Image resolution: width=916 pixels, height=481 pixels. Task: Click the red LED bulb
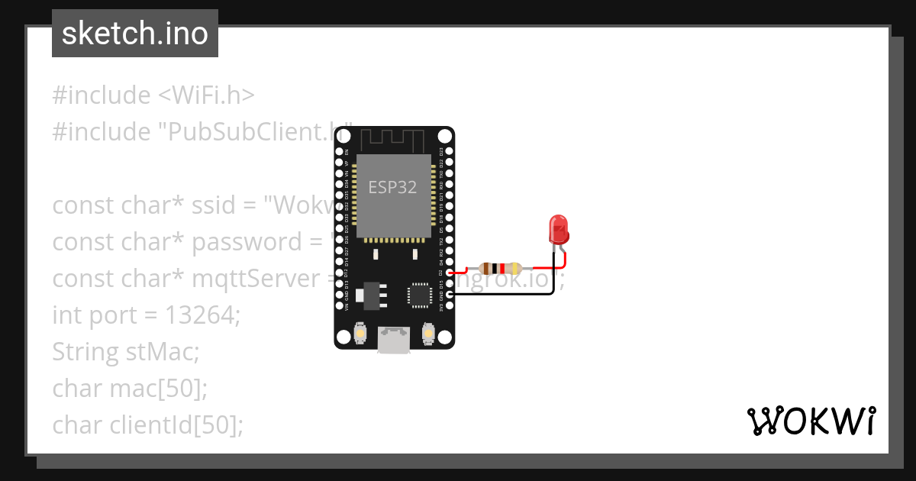(558, 228)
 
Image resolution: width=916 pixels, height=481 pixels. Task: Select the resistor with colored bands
(499, 269)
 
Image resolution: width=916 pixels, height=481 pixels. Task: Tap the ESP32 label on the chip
(392, 187)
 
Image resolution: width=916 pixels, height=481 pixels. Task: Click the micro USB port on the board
(395, 339)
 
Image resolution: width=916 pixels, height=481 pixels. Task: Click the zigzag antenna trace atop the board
(392, 140)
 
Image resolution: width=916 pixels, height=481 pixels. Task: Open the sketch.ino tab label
(135, 34)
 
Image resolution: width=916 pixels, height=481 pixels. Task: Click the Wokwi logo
(810, 421)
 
